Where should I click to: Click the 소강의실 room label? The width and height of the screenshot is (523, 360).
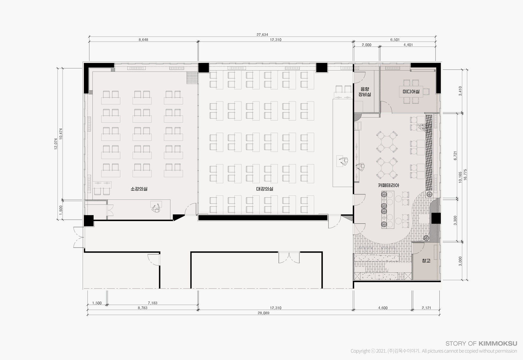tap(139, 189)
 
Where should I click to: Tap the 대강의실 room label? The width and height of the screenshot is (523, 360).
tap(264, 189)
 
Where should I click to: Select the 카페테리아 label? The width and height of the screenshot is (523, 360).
tap(388, 185)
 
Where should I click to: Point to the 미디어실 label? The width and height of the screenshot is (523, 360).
tap(411, 92)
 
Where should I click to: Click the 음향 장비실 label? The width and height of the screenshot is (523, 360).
tap(365, 92)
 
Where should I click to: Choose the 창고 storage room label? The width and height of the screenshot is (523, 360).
tap(426, 261)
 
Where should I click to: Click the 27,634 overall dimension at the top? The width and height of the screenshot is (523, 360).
tap(262, 35)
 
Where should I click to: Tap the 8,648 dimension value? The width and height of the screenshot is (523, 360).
tap(143, 40)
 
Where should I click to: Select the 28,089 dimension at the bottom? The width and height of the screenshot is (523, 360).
tap(263, 313)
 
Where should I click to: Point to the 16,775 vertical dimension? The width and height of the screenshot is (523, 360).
tap(465, 175)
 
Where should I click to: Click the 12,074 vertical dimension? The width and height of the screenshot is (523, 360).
tap(56, 144)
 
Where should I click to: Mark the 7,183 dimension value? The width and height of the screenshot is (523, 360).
tap(153, 303)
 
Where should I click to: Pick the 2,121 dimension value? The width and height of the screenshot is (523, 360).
tap(426, 308)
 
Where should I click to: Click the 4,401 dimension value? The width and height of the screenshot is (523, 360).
tap(408, 45)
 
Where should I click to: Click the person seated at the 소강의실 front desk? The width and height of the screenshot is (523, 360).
tap(156, 208)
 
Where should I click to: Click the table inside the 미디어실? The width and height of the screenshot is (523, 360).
tap(411, 92)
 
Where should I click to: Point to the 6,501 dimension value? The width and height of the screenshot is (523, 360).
tap(395, 40)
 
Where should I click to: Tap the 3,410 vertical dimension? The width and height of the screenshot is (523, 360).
tap(460, 91)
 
